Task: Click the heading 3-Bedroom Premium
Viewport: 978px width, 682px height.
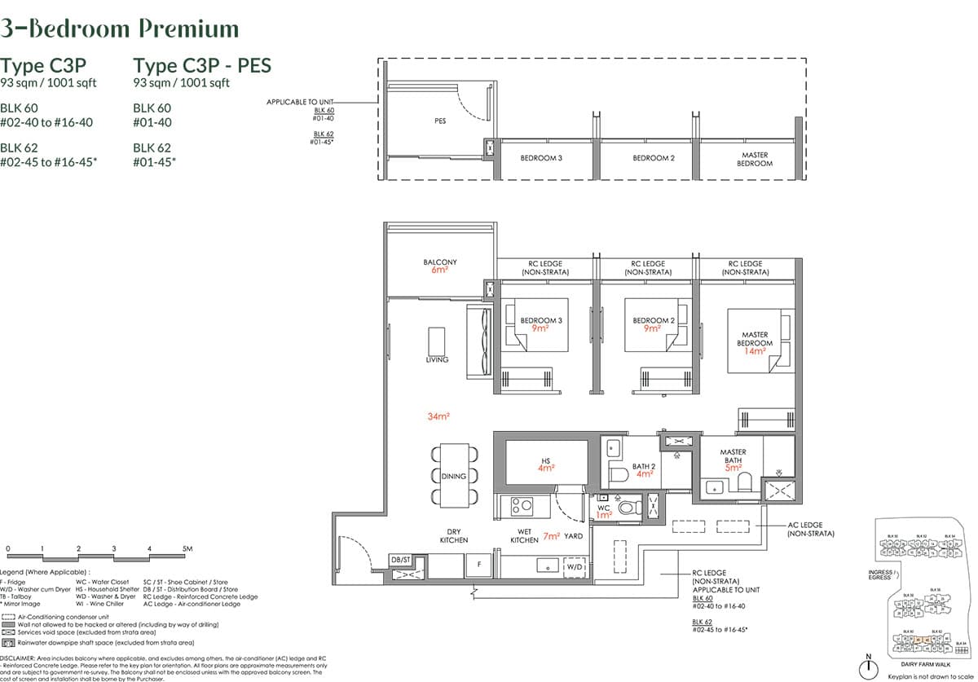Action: tap(120, 29)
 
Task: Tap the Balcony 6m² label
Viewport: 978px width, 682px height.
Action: tap(440, 266)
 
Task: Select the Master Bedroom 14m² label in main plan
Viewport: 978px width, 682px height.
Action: tap(755, 342)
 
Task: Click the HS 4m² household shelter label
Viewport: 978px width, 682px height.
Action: tap(545, 464)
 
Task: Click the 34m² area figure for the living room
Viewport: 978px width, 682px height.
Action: tap(438, 416)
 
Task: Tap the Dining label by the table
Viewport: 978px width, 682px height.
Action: tap(454, 476)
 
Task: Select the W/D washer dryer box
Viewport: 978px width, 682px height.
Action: tap(575, 565)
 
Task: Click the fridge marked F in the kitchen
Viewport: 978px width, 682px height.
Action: tap(478, 564)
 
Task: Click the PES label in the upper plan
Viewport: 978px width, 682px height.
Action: tap(440, 121)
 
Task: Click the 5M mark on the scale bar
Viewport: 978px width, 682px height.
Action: tap(187, 549)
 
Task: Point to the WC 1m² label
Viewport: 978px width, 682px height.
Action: tap(604, 511)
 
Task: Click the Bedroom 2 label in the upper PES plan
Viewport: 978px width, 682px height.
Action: tap(654, 158)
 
